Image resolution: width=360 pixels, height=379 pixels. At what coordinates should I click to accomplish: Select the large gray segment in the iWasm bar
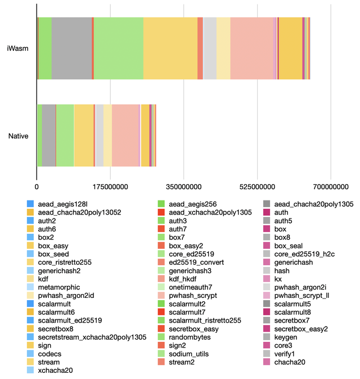[x=71, y=48]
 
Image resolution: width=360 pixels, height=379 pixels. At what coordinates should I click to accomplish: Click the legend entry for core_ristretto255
[x=65, y=262]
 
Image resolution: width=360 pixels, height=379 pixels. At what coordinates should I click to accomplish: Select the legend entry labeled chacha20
[x=290, y=362]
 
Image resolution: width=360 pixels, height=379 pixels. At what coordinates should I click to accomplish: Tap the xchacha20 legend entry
[x=55, y=370]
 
